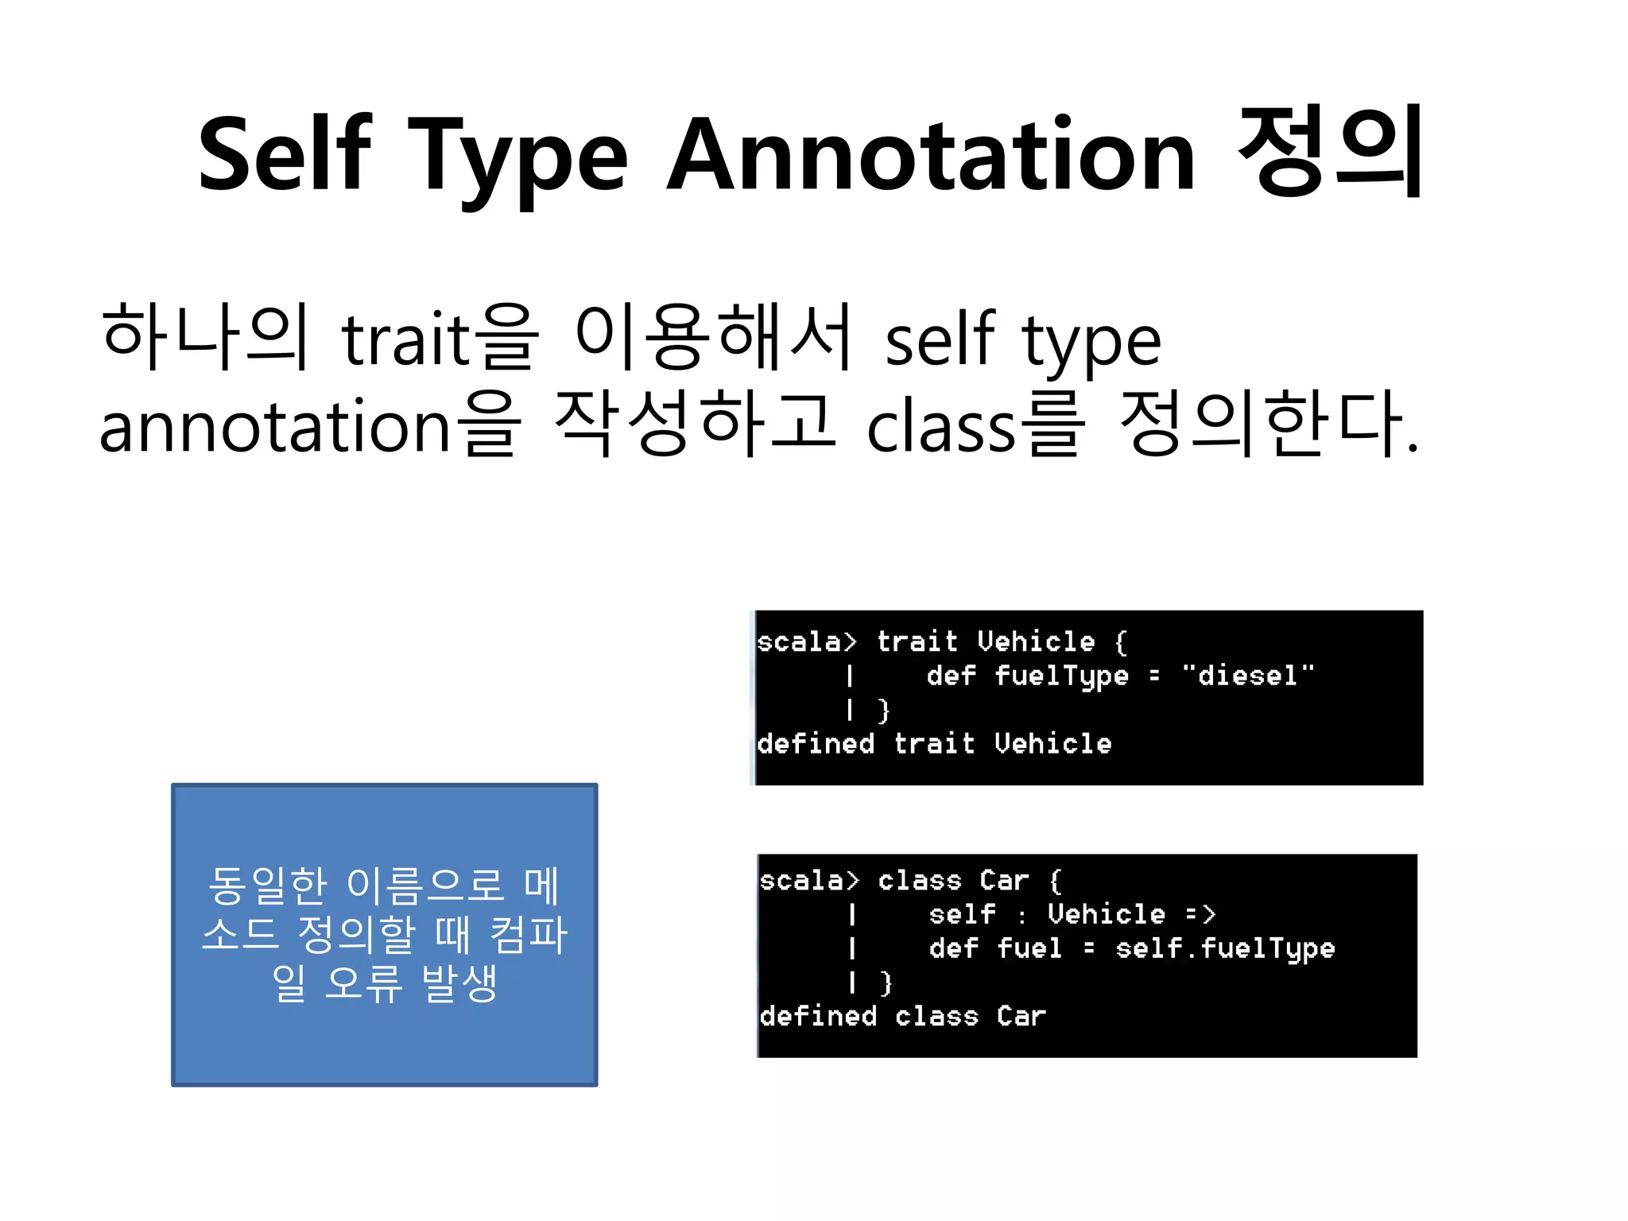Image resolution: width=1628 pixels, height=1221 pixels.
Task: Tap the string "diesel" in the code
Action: tap(1247, 676)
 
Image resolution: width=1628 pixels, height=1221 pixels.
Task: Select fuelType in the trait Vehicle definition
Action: tap(1061, 676)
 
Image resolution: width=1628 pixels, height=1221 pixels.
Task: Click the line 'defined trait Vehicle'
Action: tap(934, 744)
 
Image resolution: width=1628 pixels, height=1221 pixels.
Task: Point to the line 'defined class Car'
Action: tap(902, 1016)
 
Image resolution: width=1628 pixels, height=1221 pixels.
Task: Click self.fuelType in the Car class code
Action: tap(1225, 948)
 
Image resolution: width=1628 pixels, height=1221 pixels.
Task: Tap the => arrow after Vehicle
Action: tap(1200, 914)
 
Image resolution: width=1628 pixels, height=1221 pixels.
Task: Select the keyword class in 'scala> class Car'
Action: tap(920, 881)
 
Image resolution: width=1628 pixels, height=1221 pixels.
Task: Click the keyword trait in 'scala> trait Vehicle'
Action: tap(917, 642)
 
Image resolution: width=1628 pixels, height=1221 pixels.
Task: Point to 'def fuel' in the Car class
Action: tap(995, 948)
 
